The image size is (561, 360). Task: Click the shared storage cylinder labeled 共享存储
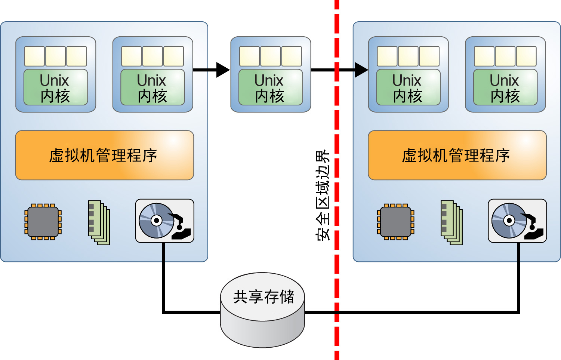(262, 310)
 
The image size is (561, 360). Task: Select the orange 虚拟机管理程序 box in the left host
(104, 155)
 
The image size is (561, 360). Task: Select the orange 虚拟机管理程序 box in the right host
(457, 155)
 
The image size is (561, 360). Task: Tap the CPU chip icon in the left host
(43, 222)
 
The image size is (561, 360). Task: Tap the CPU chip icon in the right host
(395, 222)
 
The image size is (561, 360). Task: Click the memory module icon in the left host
(99, 222)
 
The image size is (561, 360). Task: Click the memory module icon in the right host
(451, 222)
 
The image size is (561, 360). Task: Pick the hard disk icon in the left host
(164, 221)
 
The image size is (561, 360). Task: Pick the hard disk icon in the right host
(517, 221)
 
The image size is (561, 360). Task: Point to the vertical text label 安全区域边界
(323, 195)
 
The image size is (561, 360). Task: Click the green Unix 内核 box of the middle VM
(270, 87)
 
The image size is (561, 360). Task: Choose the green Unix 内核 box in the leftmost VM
(55, 87)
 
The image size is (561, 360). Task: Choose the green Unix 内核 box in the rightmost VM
(505, 87)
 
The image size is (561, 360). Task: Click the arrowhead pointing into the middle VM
(223, 70)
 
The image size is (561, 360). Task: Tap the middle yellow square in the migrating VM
(270, 56)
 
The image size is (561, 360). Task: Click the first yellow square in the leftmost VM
(34, 56)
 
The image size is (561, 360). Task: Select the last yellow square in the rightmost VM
(526, 56)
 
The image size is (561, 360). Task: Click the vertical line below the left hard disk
(163, 277)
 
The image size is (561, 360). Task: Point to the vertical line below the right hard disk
(518, 277)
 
